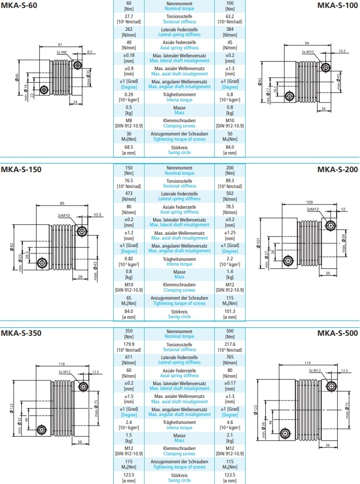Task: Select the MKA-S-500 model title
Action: (x=338, y=334)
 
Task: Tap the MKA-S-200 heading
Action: (x=338, y=169)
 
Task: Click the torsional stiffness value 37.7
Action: (x=129, y=16)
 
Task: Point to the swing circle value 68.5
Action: (x=129, y=147)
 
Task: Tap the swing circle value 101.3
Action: (x=230, y=311)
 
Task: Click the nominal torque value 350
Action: (x=129, y=330)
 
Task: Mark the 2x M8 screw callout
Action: (x=62, y=53)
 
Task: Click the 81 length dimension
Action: (x=60, y=45)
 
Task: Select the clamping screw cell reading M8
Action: (x=129, y=121)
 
